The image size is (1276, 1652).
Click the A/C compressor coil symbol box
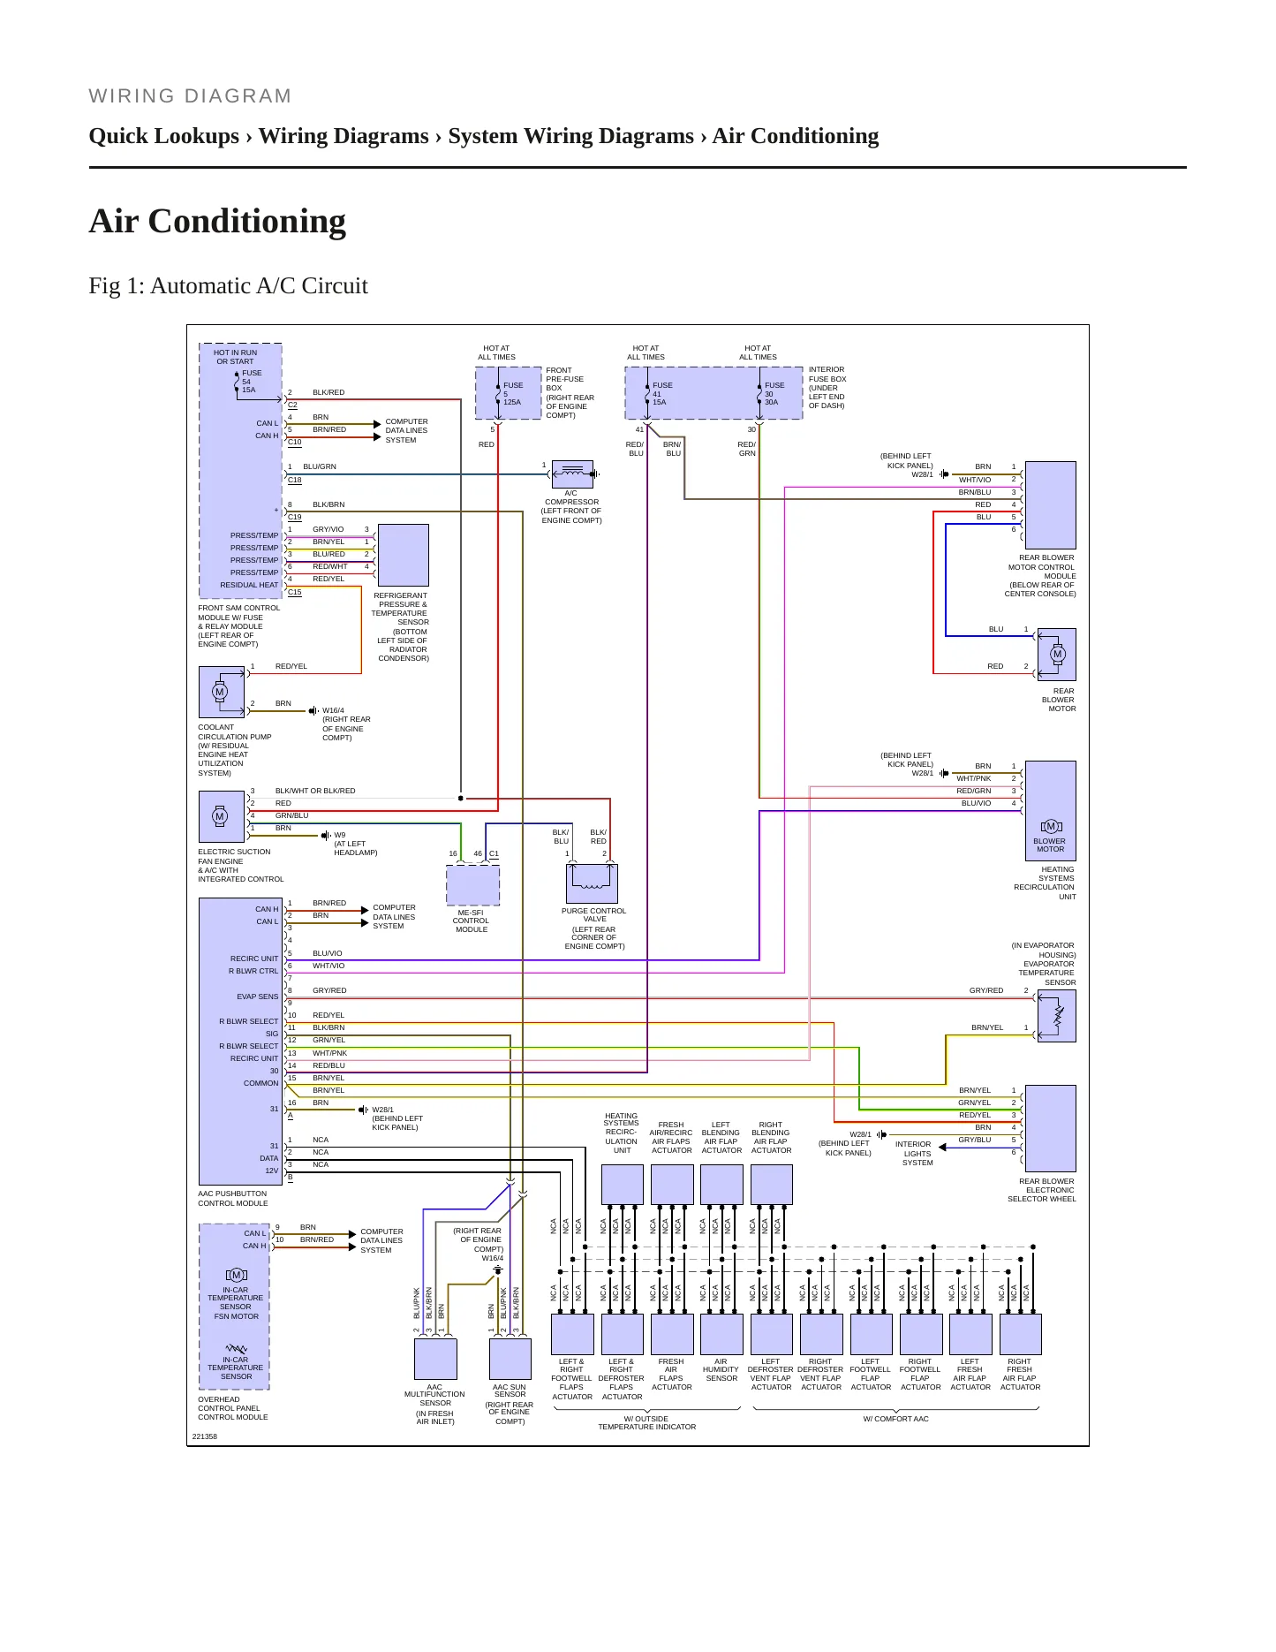[572, 474]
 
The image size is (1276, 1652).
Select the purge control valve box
[592, 883]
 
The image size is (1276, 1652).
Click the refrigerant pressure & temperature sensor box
[403, 555]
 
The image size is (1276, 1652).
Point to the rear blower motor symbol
[1057, 655]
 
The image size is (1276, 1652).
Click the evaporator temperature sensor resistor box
[1057, 1016]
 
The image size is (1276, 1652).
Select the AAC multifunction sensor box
[435, 1359]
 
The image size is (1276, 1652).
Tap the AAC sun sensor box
[510, 1359]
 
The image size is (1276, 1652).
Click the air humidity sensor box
[721, 1334]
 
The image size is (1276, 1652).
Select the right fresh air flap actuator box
[1020, 1334]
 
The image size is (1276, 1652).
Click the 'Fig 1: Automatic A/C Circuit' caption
[228, 285]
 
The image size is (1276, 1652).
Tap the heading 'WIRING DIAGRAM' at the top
[190, 96]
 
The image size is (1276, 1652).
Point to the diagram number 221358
[205, 1436]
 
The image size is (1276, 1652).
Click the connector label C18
[295, 480]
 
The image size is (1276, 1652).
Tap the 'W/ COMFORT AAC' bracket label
[895, 1419]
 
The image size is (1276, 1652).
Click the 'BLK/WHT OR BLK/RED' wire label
[315, 791]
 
